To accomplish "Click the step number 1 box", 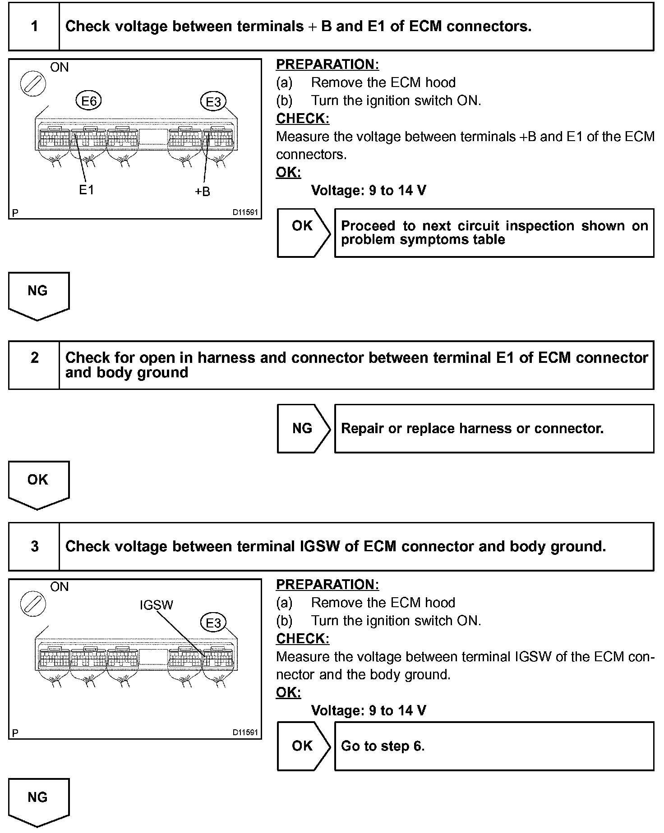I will point(34,26).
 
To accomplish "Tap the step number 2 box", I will point(34,365).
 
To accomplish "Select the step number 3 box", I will point(34,546).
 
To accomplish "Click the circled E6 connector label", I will point(89,101).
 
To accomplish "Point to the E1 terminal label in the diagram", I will point(86,190).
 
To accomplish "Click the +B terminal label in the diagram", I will point(203,192).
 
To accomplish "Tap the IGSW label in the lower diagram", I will point(156,605).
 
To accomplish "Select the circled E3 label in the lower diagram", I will point(213,622).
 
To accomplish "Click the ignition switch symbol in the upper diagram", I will point(33,83).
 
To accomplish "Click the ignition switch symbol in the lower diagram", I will point(33,603).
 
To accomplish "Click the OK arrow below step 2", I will point(38,483).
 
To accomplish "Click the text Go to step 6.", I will point(383,746).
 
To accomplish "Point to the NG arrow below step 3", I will point(38,801).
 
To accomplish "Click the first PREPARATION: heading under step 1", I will point(327,64).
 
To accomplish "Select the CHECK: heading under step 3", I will point(303,638).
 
